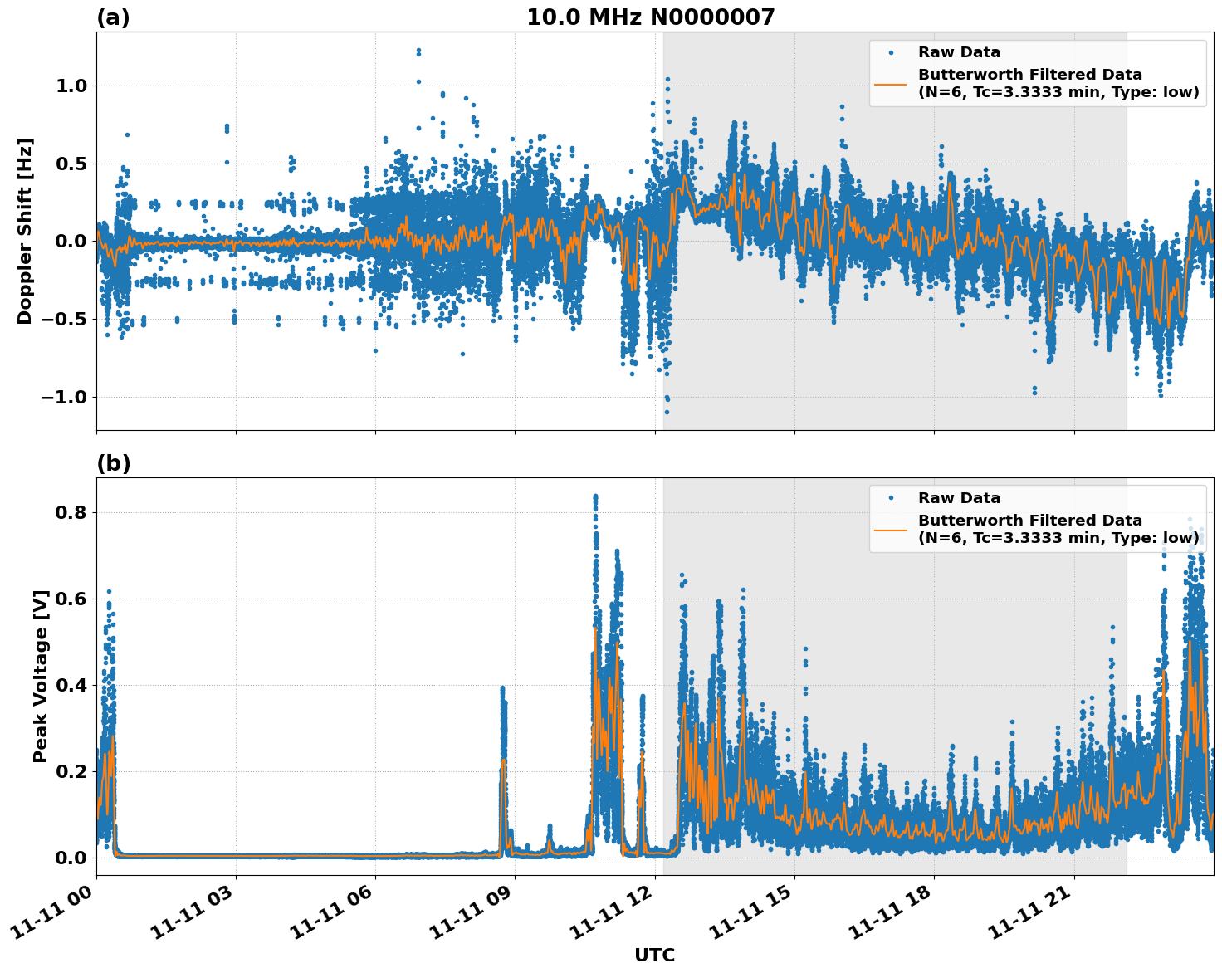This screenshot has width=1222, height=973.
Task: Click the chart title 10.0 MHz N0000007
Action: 650,17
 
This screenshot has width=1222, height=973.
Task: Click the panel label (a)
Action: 113,17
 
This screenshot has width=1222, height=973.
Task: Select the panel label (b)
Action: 113,463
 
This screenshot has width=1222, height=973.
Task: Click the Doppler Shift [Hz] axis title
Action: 25,231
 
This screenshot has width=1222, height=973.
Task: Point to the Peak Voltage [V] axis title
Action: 41,676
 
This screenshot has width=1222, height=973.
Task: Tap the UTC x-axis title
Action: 654,955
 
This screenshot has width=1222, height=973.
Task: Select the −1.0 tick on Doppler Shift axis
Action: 63,397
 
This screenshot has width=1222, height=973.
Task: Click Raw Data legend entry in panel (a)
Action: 959,52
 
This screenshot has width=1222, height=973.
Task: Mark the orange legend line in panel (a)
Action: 890,84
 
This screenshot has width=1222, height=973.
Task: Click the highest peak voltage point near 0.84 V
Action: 595,496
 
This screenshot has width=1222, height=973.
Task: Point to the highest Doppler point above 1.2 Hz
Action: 418,50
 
